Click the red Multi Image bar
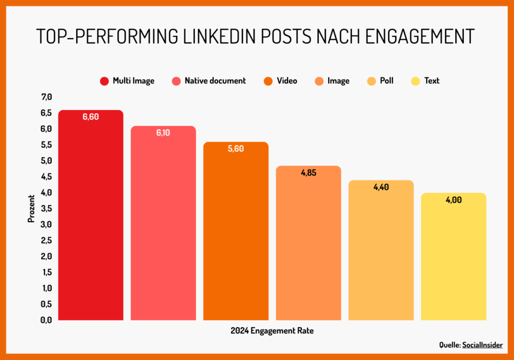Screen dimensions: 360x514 click(x=91, y=216)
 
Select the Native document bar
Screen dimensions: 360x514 click(x=163, y=223)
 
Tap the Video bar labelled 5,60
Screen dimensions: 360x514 click(x=236, y=231)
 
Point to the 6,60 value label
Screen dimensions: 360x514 click(x=91, y=117)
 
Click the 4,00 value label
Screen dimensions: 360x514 click(x=453, y=200)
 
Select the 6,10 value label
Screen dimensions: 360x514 click(x=163, y=133)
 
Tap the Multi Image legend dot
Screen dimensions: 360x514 click(x=104, y=81)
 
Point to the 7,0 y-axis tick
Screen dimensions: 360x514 click(x=46, y=97)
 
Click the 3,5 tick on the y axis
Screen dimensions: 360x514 click(x=46, y=208)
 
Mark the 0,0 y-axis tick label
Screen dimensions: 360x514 click(x=46, y=320)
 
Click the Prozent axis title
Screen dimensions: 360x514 click(x=31, y=208)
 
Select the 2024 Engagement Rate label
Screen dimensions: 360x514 click(x=272, y=331)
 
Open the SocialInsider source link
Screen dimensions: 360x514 click(x=483, y=345)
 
